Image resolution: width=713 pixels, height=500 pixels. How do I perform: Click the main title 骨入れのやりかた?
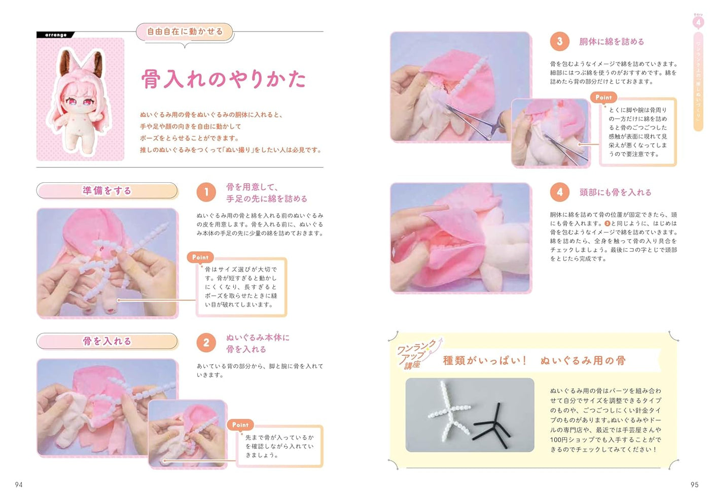(x=223, y=79)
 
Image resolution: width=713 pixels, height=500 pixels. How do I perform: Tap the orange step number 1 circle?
(x=206, y=192)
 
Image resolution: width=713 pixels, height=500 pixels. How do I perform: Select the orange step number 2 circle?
(x=206, y=343)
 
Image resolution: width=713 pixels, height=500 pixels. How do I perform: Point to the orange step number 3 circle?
(x=559, y=42)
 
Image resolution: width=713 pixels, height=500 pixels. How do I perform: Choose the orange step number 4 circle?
(x=559, y=192)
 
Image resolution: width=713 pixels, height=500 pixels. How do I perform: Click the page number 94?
(x=19, y=485)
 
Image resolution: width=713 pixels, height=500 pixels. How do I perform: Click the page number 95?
(x=694, y=485)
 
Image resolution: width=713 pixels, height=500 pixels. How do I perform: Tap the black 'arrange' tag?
(x=55, y=35)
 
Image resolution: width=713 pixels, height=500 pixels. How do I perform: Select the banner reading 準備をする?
(x=107, y=190)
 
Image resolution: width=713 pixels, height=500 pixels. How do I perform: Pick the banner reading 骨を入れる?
(x=107, y=341)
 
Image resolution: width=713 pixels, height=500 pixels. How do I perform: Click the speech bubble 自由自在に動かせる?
(x=185, y=31)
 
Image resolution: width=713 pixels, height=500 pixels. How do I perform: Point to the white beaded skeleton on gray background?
(x=448, y=407)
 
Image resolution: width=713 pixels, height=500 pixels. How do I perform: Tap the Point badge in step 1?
(x=200, y=257)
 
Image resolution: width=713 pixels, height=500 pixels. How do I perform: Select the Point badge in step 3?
(x=603, y=97)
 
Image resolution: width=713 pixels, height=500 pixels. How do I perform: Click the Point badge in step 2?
(x=240, y=424)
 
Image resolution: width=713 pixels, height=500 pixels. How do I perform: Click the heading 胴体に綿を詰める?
(x=612, y=42)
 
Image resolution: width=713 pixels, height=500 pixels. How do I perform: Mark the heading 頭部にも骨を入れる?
(x=615, y=192)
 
